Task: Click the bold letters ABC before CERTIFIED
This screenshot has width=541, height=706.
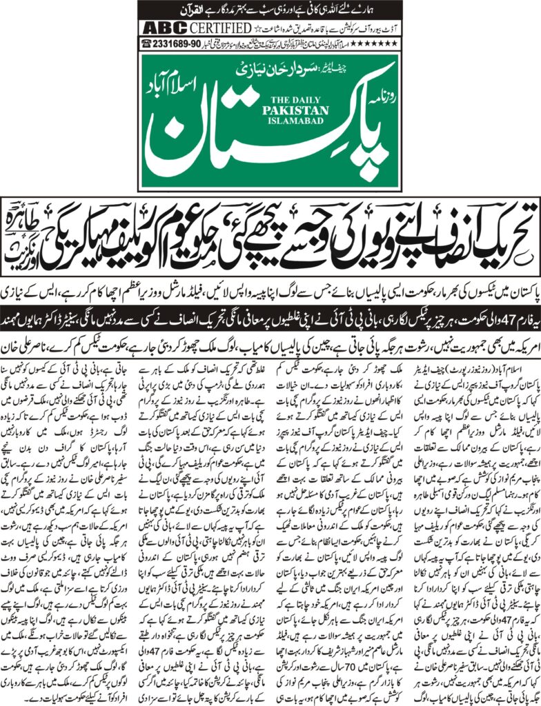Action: [158, 28]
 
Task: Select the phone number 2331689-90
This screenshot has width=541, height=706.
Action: [177, 43]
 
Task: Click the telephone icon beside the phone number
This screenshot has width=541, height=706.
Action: [146, 43]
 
